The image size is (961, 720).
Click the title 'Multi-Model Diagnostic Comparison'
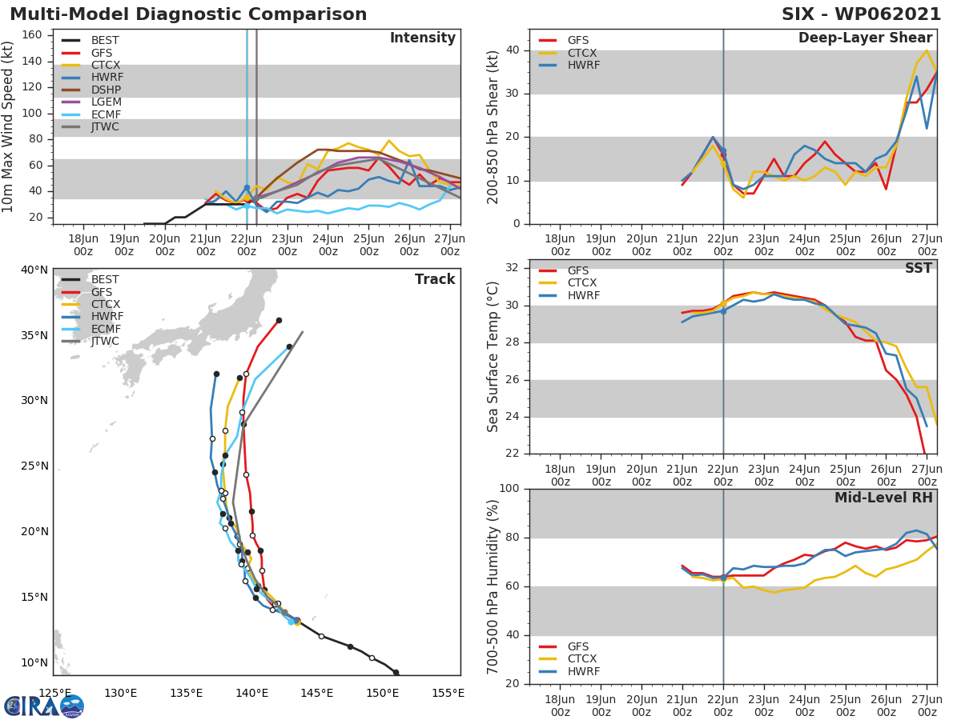[x=188, y=14]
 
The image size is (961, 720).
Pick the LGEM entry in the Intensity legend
[x=107, y=102]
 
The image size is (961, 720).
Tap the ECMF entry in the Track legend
[x=106, y=329]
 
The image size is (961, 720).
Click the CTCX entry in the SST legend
[x=582, y=283]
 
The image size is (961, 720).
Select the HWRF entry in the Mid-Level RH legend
[x=583, y=671]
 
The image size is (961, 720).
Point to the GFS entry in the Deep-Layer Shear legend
[x=577, y=41]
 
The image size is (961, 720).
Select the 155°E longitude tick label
[x=447, y=693]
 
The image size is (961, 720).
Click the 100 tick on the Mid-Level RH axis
[x=511, y=489]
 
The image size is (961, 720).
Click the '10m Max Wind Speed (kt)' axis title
[x=9, y=126]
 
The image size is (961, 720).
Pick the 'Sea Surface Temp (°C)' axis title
[x=493, y=357]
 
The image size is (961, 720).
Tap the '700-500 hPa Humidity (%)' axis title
[x=493, y=586]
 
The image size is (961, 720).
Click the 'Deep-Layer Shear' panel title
[x=865, y=38]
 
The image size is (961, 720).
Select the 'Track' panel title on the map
[x=434, y=279]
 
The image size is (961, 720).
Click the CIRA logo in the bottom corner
[x=44, y=706]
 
